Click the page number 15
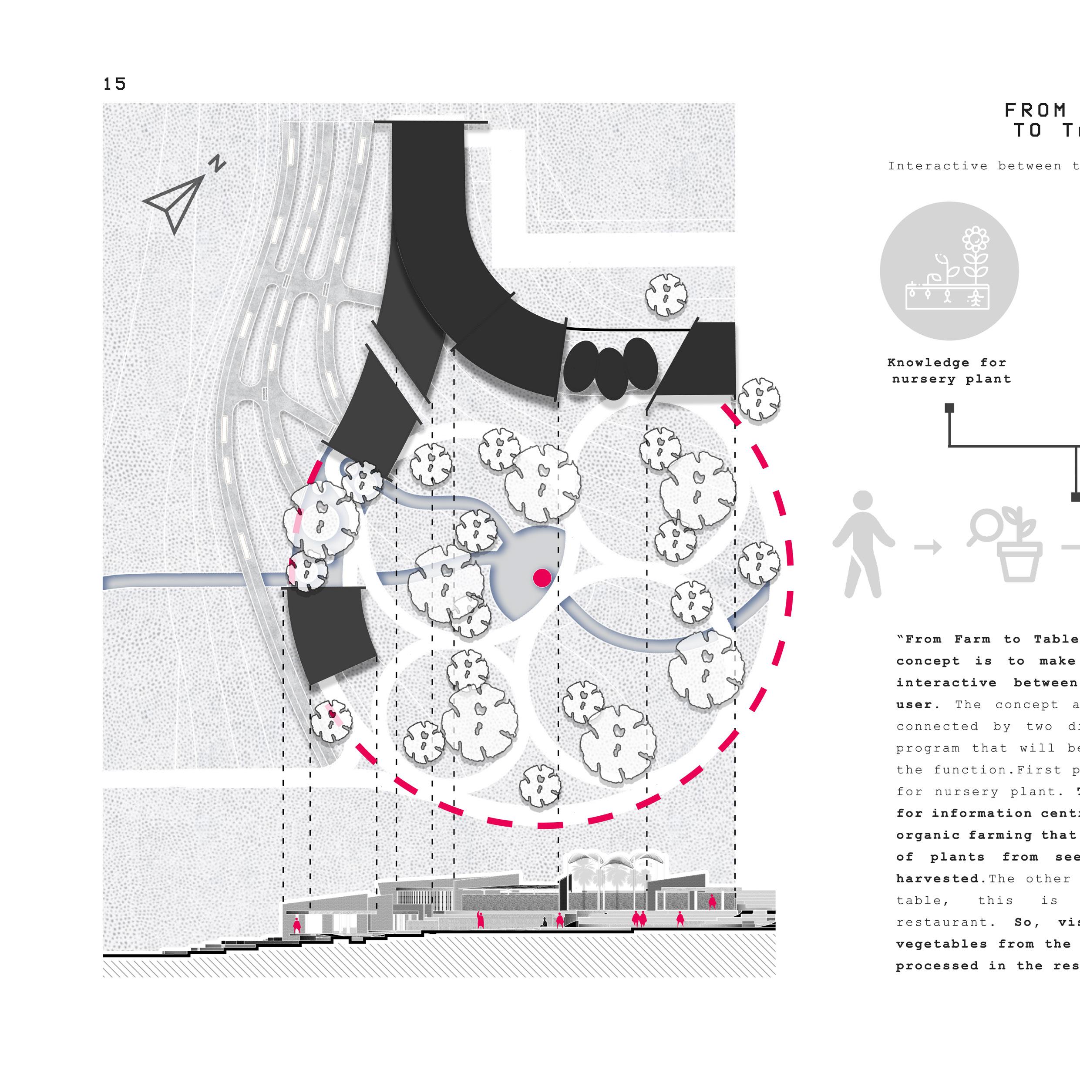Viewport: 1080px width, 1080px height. coord(114,84)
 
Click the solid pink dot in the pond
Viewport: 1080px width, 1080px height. coord(542,578)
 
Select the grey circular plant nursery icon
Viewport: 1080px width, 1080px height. coord(949,271)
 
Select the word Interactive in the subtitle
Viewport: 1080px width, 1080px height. coord(938,166)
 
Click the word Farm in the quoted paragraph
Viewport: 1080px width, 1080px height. coord(972,639)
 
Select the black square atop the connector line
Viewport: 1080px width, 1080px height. coord(949,408)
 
